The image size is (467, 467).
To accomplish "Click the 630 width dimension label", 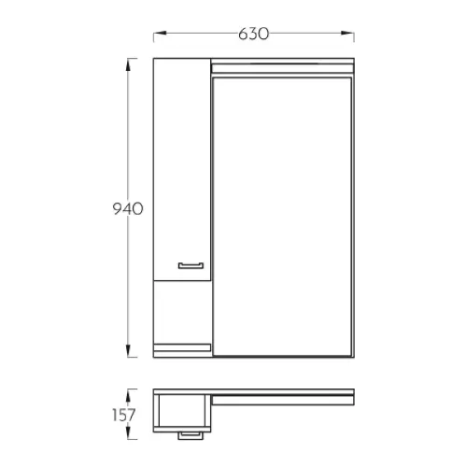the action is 253,34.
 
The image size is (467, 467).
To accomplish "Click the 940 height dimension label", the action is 128,208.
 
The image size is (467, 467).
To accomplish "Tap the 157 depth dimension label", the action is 124,415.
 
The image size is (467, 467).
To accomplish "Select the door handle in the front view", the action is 191,265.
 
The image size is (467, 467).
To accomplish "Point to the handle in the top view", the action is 191,435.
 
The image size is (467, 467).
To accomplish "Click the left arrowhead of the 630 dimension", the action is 160,33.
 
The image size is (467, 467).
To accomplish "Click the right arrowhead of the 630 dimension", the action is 347,33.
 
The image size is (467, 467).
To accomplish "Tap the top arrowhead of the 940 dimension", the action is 128,64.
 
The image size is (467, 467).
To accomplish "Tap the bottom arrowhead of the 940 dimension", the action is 128,351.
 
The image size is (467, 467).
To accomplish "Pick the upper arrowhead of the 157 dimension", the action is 128,395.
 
